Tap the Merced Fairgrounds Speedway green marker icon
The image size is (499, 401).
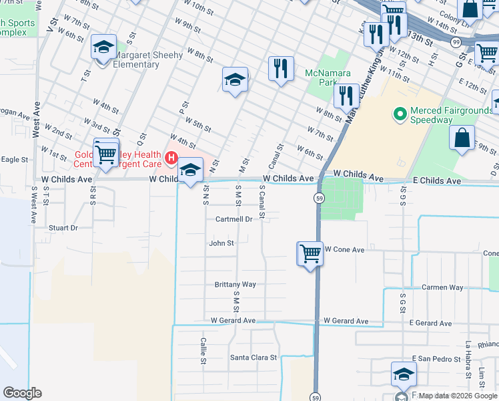(400, 114)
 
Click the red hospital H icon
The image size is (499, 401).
(171, 158)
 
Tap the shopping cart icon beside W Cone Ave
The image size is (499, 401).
(310, 254)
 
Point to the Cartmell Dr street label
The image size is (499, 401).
(233, 219)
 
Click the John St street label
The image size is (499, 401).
(221, 243)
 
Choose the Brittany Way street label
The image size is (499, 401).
(235, 284)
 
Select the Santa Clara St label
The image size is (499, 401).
(254, 358)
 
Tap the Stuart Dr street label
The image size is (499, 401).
(63, 228)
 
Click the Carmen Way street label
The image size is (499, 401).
(442, 287)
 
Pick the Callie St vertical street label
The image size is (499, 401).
(203, 351)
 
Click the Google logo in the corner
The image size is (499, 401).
(22, 393)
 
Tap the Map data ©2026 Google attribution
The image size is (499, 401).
(458, 396)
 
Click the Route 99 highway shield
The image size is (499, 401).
(456, 42)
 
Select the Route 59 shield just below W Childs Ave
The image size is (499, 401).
(320, 198)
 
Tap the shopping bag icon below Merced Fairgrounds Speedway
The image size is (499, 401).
(462, 138)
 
